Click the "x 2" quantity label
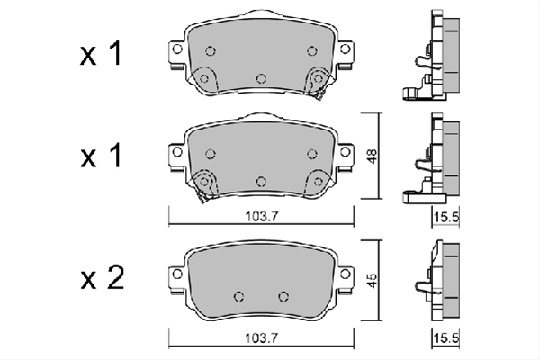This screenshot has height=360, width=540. (x=103, y=279)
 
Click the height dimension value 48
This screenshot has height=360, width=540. (x=373, y=156)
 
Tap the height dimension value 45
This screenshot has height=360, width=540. (x=373, y=281)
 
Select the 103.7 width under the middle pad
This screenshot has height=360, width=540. (x=261, y=217)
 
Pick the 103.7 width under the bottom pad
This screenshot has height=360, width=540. (x=261, y=338)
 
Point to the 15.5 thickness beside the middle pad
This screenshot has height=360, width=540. (x=446, y=218)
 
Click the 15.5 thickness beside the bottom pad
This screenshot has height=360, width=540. (x=446, y=338)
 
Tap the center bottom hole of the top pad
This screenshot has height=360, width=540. (x=261, y=79)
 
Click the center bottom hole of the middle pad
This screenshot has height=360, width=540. (x=261, y=182)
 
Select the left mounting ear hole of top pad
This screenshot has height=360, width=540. (x=177, y=49)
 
